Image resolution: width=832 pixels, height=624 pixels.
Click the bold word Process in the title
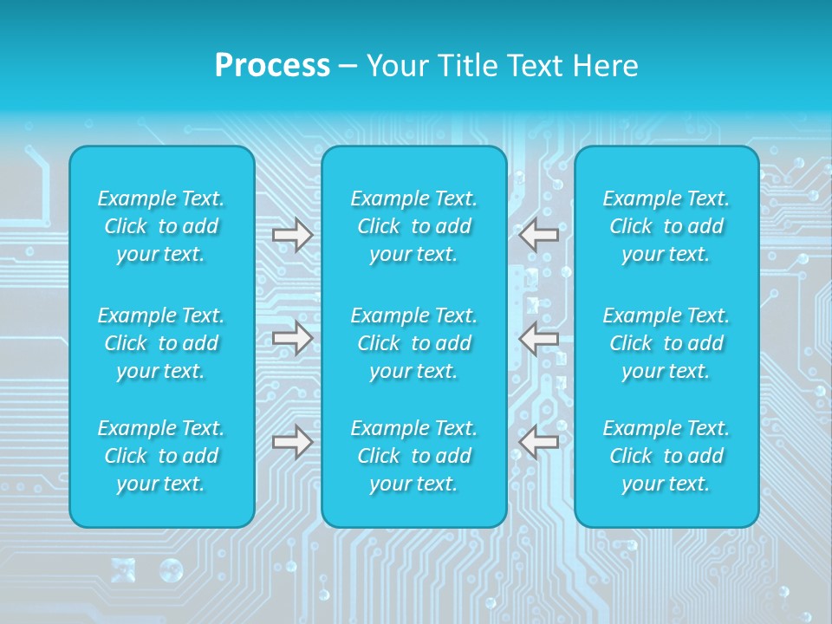point(272,66)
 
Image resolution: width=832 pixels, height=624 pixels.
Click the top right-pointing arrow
point(293,235)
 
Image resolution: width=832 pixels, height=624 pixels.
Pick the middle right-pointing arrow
point(293,338)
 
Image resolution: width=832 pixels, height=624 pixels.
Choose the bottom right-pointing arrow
point(293,442)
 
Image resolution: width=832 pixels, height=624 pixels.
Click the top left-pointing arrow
point(538,234)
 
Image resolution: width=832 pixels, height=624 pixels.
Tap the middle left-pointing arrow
point(538,338)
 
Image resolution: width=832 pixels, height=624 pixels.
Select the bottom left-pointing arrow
point(538,442)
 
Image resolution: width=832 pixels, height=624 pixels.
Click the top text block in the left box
point(161,226)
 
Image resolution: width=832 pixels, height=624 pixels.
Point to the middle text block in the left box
point(161,343)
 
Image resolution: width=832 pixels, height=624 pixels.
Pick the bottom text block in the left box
point(161,456)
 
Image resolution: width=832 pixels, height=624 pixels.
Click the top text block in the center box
point(414,226)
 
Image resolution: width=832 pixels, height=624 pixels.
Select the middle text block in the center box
point(414,343)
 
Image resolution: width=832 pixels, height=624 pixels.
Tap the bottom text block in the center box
point(414,456)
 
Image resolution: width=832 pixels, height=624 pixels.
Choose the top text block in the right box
point(666,226)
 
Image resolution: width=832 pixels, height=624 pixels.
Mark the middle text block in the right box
point(666,343)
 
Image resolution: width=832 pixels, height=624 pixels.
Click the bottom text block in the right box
point(666,456)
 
